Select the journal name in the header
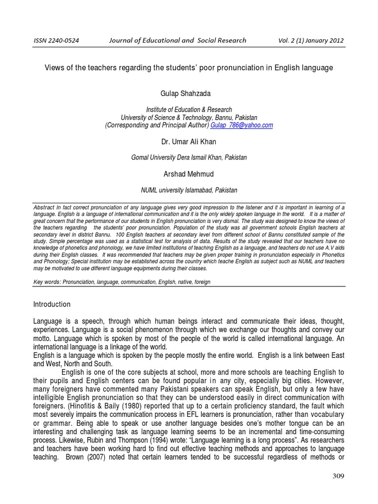(x=177, y=40)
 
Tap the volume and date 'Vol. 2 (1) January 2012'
(x=312, y=41)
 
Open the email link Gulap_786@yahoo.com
(x=242, y=126)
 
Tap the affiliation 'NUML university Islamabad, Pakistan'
(x=189, y=190)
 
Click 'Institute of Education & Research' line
(x=189, y=110)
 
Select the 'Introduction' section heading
(x=52, y=304)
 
